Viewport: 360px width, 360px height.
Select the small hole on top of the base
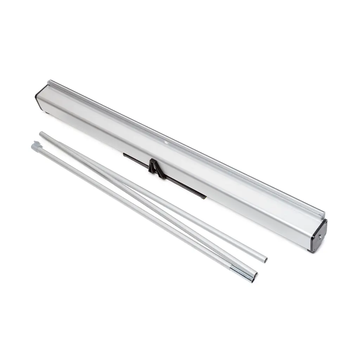(x=166, y=143)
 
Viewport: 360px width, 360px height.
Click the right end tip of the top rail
(x=323, y=213)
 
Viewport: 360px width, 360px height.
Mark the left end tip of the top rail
(x=50, y=82)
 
